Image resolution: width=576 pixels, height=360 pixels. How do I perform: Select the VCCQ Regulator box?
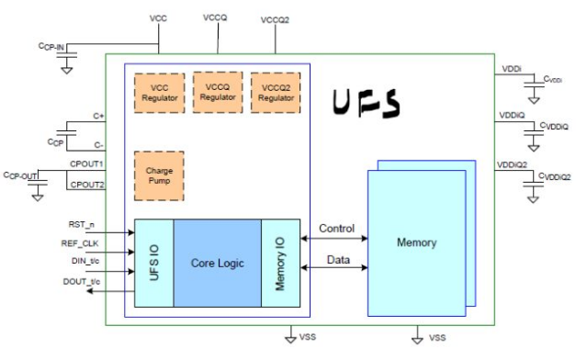(217, 92)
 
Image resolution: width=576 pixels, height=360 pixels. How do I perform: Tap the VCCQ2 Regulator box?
(276, 92)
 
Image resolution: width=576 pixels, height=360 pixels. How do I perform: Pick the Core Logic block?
(217, 263)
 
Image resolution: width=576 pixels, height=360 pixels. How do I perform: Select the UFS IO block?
(153, 263)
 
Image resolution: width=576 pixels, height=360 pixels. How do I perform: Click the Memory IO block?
(281, 263)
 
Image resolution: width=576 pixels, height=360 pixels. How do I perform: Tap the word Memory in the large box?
(416, 242)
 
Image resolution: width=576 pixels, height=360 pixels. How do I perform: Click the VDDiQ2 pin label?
(511, 164)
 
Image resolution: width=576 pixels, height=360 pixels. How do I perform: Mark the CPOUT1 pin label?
(87, 163)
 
